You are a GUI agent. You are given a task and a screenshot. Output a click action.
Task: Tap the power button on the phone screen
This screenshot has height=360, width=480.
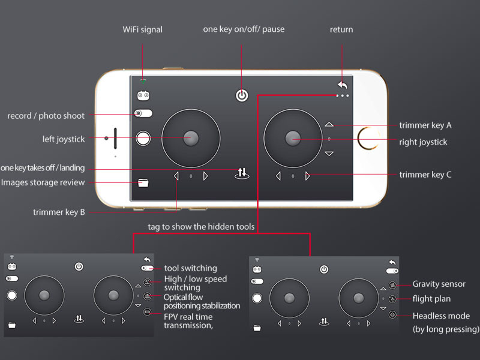[242, 95]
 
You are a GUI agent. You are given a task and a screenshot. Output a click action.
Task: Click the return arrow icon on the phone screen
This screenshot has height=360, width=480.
[343, 85]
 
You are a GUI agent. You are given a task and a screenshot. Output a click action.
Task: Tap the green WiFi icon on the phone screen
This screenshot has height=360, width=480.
[143, 81]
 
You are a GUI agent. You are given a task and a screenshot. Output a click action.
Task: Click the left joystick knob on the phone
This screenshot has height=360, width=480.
[191, 138]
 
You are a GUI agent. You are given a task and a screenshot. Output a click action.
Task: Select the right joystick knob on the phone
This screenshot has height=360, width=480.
[293, 138]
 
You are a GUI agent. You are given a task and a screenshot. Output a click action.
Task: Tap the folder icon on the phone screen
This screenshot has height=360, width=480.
[143, 183]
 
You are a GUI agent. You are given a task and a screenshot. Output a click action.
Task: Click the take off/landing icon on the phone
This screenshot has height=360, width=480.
[242, 173]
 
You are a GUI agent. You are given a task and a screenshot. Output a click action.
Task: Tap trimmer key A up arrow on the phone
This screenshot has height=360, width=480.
[329, 124]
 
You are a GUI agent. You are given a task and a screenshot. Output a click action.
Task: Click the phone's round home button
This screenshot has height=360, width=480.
[368, 139]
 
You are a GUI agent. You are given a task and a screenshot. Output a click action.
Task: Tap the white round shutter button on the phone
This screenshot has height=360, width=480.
[143, 139]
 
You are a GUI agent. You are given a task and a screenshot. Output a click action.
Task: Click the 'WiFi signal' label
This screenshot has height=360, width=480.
[143, 29]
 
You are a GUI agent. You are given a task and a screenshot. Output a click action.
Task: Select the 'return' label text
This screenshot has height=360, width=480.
[341, 29]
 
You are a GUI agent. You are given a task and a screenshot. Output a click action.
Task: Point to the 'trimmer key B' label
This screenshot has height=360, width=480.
[59, 212]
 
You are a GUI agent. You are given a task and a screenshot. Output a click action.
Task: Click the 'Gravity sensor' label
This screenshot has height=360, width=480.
[439, 284]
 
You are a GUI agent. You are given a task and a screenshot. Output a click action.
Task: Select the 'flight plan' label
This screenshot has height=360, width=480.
[431, 299]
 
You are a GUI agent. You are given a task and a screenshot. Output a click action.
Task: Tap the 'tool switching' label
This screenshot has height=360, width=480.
[190, 268]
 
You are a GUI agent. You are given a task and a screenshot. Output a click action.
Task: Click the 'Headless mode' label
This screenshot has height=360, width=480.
[441, 316]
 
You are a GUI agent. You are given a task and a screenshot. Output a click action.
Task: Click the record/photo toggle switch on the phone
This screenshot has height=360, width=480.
[143, 113]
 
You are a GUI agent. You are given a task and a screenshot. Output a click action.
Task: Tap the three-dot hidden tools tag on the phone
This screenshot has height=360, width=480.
[342, 95]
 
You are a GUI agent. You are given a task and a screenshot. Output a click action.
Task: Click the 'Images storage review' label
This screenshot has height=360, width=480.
[43, 182]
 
